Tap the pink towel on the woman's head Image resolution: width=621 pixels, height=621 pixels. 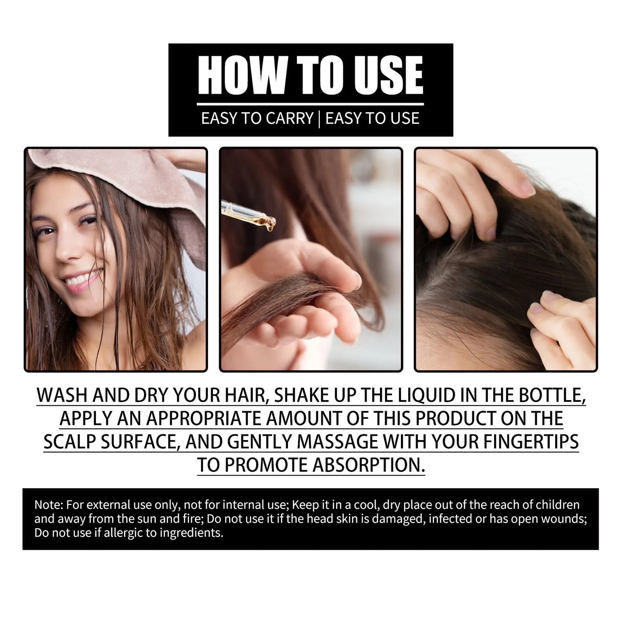pos(129,172)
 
